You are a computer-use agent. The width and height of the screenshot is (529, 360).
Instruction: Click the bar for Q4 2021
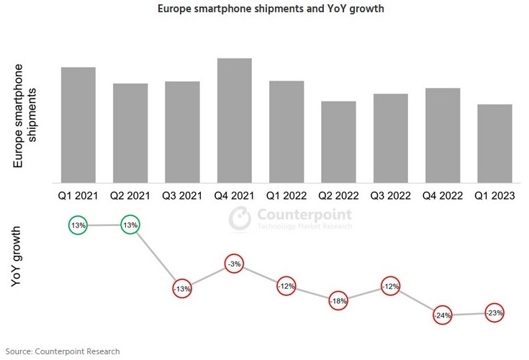[235, 120]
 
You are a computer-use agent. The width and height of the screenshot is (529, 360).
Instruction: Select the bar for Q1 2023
[494, 143]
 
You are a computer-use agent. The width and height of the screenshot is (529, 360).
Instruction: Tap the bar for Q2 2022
[338, 142]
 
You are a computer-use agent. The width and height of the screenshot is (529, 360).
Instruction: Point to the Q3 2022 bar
[391, 138]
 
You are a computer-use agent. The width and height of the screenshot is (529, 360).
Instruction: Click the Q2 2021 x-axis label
[130, 195]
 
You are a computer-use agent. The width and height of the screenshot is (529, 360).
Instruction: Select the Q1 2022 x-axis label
[286, 195]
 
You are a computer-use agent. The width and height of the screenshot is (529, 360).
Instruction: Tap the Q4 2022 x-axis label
[443, 195]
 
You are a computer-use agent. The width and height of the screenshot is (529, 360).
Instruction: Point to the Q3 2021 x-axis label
[182, 195]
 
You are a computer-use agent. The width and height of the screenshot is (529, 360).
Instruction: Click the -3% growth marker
[235, 264]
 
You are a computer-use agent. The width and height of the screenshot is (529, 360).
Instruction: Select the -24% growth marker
[443, 315]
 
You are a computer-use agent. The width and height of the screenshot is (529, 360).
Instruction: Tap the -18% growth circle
[338, 300]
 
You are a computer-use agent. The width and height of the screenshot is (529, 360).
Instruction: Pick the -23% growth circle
[494, 313]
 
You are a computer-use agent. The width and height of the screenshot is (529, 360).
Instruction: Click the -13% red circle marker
[182, 289]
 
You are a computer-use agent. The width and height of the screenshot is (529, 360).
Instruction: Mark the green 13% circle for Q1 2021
[78, 225]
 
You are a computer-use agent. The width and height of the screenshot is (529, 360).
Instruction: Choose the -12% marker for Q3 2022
[391, 286]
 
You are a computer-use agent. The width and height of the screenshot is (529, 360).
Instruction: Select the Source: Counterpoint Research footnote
[63, 350]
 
